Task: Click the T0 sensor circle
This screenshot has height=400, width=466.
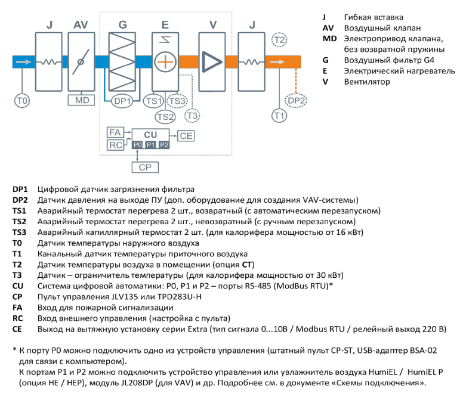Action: (x=22, y=101)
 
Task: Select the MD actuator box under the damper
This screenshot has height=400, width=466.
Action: (x=81, y=100)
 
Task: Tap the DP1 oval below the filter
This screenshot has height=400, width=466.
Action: (x=122, y=101)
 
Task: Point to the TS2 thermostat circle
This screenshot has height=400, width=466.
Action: (x=165, y=116)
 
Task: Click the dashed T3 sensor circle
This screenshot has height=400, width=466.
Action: (x=192, y=116)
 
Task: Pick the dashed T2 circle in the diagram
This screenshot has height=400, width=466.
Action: (x=279, y=39)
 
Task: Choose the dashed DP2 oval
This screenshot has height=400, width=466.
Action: (x=296, y=101)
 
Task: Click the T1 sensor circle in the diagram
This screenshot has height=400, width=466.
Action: (x=279, y=116)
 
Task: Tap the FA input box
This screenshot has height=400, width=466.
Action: (x=115, y=132)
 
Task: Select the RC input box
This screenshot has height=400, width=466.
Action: (x=115, y=145)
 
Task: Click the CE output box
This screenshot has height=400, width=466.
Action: (x=186, y=136)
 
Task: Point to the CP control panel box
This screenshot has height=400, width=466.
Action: (x=145, y=167)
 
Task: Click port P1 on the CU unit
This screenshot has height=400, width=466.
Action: (x=151, y=145)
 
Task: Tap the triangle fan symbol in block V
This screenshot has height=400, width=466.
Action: (x=212, y=62)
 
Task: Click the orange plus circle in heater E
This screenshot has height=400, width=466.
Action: (x=165, y=62)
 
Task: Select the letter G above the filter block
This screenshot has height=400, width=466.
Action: (x=122, y=24)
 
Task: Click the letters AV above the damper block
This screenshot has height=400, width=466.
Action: (x=81, y=24)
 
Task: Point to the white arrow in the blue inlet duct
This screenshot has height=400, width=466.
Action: (x=23, y=62)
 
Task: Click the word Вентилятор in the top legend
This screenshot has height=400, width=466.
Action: (x=367, y=82)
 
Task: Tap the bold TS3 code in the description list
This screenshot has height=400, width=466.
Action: (x=19, y=232)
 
